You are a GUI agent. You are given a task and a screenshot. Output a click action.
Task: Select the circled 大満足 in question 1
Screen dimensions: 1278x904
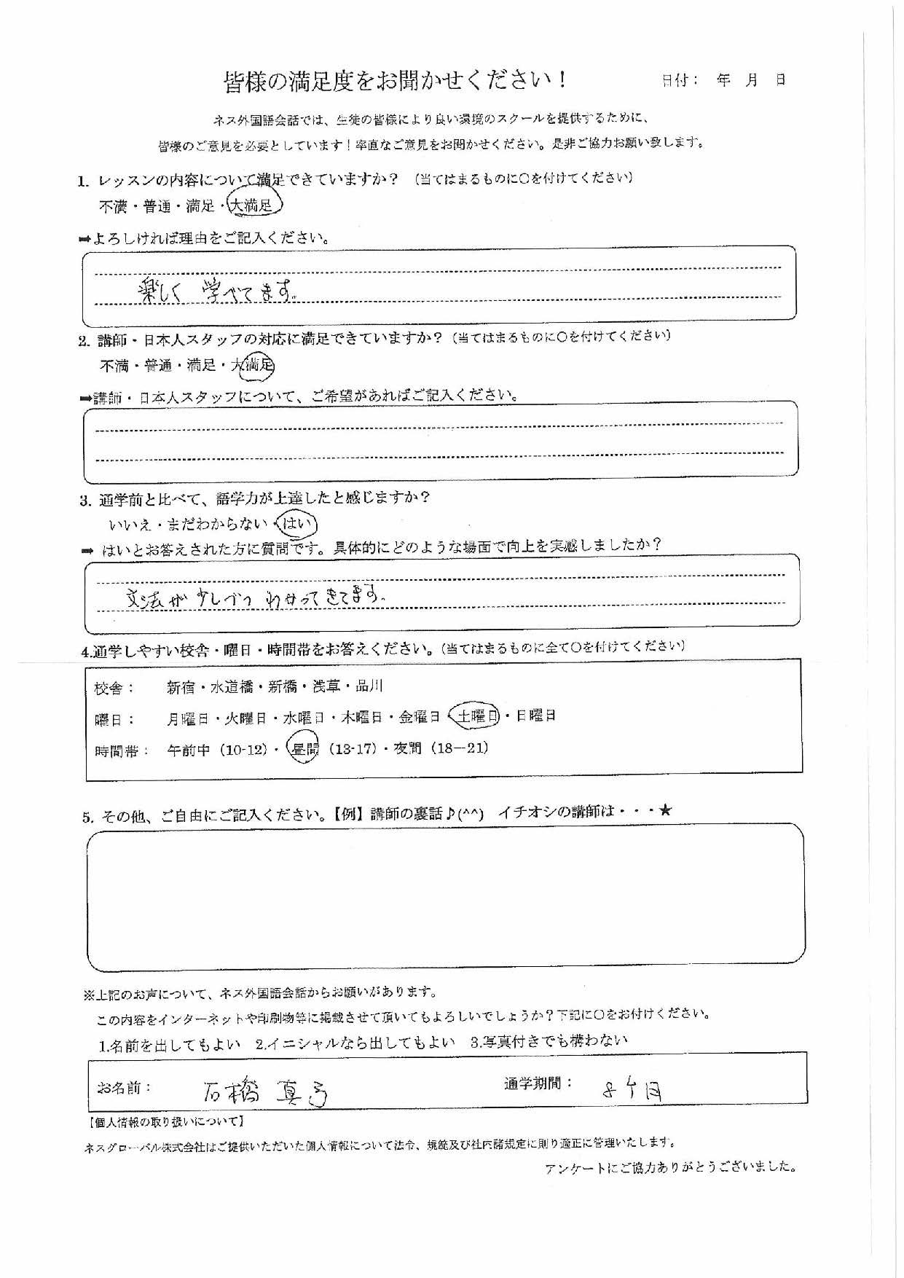pos(252,206)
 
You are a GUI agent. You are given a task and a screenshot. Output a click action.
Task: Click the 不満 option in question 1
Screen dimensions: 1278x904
pos(113,207)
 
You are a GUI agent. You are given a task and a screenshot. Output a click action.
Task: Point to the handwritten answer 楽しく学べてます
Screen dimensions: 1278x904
pos(215,292)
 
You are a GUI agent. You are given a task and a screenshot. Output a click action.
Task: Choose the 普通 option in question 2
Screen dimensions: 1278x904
pos(157,366)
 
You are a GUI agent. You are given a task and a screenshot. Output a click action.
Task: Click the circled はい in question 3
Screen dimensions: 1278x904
pos(296,523)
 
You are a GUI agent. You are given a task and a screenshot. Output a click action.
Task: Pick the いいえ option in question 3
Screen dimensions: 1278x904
pos(129,525)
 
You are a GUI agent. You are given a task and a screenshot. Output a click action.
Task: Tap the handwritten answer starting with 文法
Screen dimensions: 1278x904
pos(254,598)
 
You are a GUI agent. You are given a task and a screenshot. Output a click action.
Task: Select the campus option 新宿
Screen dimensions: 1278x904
pos(181,687)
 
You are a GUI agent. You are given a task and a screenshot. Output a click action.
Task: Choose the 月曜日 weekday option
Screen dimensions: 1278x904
pos(187,719)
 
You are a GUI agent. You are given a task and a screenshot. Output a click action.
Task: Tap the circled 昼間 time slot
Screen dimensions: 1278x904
pos(303,749)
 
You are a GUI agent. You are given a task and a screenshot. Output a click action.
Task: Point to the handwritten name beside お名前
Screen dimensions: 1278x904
pos(265,1091)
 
